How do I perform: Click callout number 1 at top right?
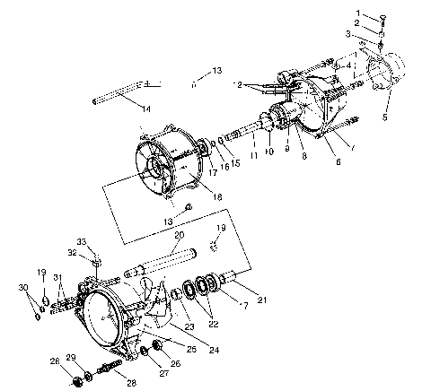click(x=357, y=13)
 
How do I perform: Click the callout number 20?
click(x=179, y=235)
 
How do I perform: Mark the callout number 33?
click(x=80, y=242)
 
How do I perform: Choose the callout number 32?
click(x=73, y=253)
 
